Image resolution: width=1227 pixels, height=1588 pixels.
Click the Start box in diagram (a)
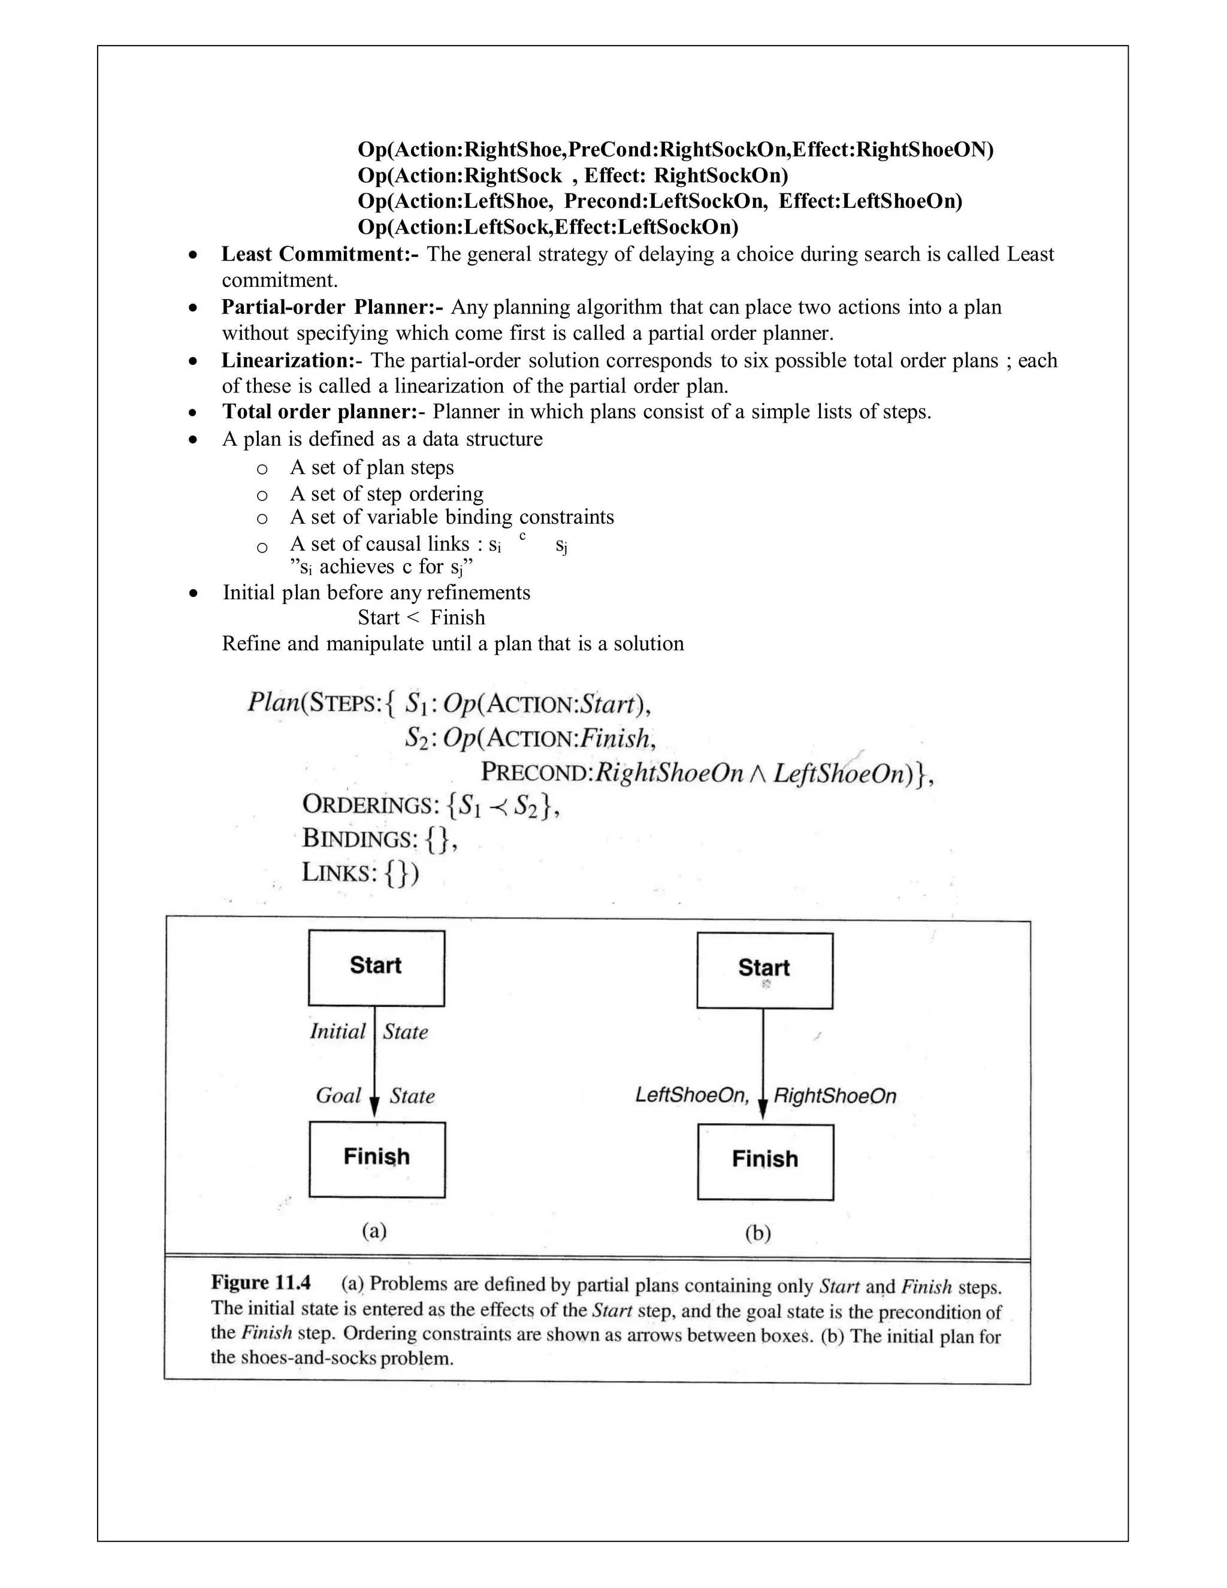point(376,968)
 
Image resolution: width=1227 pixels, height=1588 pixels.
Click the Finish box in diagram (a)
point(376,1159)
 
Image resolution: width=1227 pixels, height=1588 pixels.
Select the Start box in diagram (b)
point(764,970)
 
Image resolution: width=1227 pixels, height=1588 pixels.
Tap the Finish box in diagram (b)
point(764,1161)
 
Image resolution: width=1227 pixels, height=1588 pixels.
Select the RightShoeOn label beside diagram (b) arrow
point(835,1096)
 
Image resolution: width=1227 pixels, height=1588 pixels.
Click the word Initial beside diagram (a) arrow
point(337,1031)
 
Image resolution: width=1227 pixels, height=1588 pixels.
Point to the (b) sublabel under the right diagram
point(757,1233)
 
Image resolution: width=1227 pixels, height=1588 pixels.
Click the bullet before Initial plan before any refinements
point(193,593)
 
